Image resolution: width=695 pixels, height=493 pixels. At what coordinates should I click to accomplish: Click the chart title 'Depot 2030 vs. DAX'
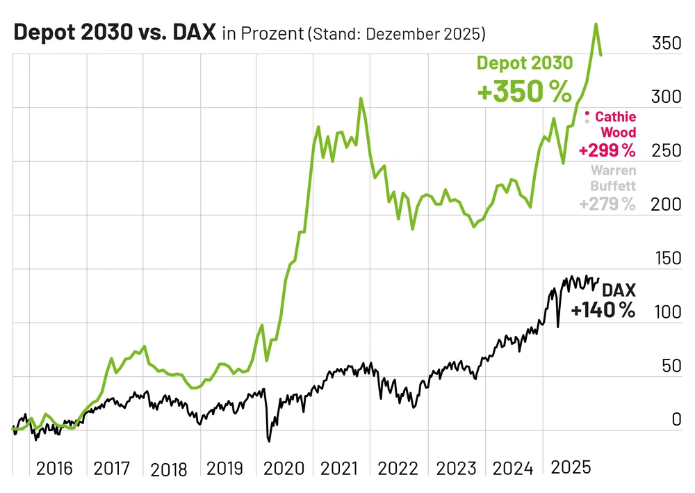click(x=115, y=33)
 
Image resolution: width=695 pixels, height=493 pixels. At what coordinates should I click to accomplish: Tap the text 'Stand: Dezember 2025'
click(x=396, y=34)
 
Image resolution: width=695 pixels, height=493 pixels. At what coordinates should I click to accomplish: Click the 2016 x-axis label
click(x=54, y=467)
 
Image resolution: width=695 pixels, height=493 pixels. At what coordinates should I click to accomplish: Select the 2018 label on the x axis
click(x=169, y=469)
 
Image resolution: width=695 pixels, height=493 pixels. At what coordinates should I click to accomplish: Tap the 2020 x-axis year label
click(x=283, y=467)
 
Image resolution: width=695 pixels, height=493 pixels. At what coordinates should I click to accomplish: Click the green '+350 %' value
click(x=524, y=91)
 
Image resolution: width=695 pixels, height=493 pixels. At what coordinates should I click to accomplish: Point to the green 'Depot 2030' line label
click(x=525, y=63)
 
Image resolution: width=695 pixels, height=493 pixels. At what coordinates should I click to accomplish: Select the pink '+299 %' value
click(x=607, y=150)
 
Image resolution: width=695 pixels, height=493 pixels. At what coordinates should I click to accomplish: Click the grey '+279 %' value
click(x=607, y=204)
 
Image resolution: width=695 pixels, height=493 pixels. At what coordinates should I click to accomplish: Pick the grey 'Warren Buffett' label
click(x=612, y=177)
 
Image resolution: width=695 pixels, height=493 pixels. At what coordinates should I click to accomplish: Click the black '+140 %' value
click(x=603, y=310)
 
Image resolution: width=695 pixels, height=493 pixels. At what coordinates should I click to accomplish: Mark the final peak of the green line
click(x=596, y=24)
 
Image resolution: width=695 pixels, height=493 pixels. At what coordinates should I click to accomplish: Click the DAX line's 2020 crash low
click(x=270, y=441)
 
